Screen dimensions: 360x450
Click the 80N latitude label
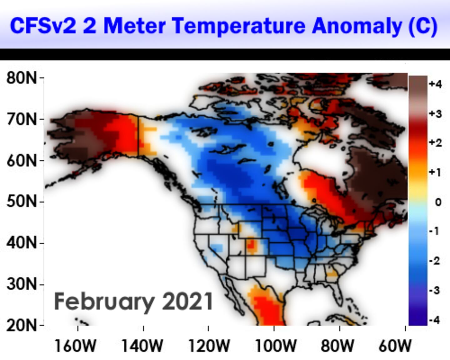21,78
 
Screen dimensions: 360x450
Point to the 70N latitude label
21,119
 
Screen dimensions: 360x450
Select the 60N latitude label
21,161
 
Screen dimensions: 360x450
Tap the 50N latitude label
21,202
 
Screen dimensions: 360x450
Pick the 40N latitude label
21,243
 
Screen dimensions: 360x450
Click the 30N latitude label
21,284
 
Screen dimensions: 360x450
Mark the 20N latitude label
21,326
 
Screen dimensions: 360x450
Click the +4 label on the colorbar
435,84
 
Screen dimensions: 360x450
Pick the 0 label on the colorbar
438,202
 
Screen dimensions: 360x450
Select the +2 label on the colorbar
435,143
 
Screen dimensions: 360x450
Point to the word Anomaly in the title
357,26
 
